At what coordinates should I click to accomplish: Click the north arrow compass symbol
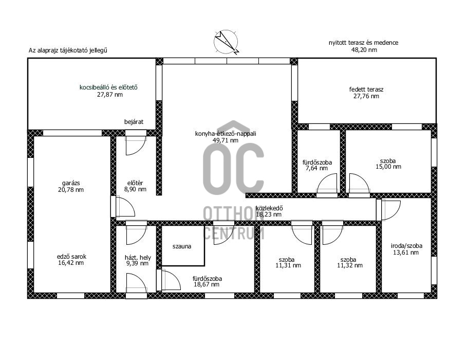226,42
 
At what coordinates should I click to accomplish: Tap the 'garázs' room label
71,183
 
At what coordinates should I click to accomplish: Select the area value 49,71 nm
226,140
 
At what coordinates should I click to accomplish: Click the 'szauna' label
182,247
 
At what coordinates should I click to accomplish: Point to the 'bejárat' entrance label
134,122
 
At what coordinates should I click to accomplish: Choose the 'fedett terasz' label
366,89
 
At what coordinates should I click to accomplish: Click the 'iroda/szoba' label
406,246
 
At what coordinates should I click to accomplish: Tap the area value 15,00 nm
388,167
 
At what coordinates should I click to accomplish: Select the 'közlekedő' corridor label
269,208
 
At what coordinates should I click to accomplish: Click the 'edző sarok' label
71,257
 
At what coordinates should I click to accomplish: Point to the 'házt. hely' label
138,257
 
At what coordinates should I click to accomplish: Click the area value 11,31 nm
288,265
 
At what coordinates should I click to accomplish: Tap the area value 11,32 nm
350,265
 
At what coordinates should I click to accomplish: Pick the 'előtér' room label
135,183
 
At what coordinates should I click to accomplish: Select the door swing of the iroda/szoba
391,210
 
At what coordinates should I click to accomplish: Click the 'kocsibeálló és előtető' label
108,88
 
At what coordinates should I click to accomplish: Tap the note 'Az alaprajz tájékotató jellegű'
68,50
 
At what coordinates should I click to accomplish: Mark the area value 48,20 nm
364,50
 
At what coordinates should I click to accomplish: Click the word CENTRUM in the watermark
233,233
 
